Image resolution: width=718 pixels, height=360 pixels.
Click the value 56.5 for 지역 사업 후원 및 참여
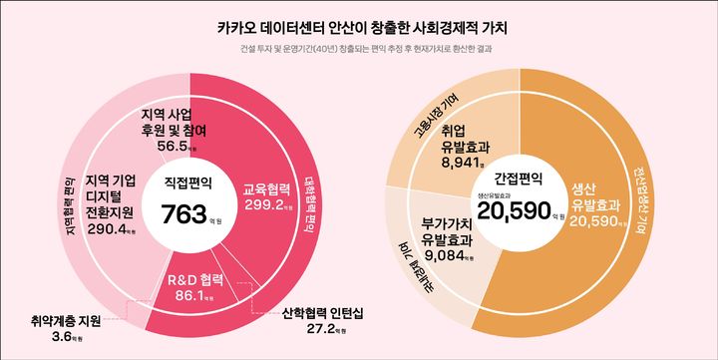point(175,146)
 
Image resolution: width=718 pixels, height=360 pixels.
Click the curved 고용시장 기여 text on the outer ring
point(437,115)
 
